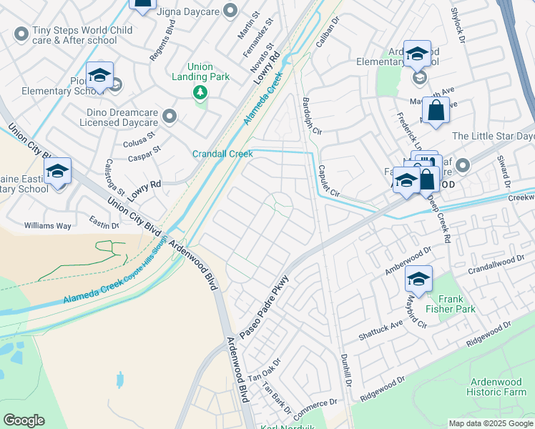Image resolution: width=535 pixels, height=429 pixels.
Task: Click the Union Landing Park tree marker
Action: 200,93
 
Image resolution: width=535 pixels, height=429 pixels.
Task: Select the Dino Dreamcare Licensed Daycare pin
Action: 170,116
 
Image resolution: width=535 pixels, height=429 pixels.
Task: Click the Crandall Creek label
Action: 222,154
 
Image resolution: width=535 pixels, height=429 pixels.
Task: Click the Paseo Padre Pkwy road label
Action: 264,307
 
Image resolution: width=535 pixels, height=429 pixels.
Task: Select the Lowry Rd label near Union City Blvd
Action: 145,184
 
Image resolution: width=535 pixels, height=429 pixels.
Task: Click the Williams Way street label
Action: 48,225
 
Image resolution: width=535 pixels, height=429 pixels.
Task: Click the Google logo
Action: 24,420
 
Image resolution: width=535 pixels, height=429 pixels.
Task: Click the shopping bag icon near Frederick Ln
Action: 436,112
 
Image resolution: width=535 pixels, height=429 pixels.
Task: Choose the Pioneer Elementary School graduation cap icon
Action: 100,76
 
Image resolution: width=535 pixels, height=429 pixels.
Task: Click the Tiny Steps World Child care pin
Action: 21,32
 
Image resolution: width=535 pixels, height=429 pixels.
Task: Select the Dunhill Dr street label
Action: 347,371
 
